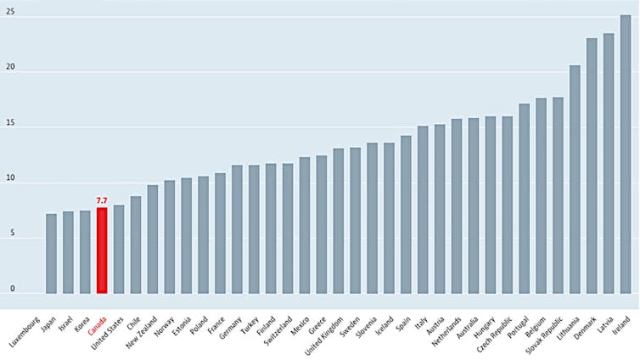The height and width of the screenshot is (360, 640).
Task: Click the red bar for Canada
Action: point(102,250)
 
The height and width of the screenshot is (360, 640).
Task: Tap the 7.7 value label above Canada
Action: point(102,200)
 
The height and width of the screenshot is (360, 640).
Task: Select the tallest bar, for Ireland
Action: point(625,154)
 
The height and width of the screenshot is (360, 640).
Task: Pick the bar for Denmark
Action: point(592,166)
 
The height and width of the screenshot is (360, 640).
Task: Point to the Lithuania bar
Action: point(575,179)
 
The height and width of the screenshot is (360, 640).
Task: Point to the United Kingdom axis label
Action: point(325,330)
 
